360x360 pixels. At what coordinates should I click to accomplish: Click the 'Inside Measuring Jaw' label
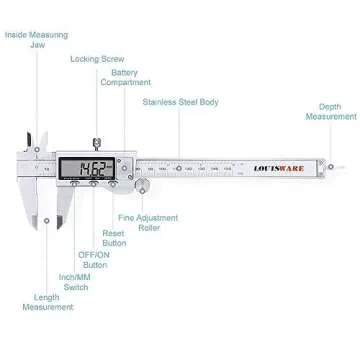tap(36, 39)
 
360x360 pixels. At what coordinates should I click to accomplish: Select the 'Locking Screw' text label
tap(97, 59)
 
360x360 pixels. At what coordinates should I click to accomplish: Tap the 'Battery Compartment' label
tap(125, 77)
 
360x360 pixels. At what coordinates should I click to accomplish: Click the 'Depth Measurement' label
tap(330, 111)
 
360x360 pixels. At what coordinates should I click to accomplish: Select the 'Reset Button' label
tap(113, 237)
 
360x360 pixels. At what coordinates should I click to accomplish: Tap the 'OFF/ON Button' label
tap(95, 260)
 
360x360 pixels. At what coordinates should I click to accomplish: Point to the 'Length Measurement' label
tap(48, 303)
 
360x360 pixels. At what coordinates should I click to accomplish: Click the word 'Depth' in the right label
tap(330, 106)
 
